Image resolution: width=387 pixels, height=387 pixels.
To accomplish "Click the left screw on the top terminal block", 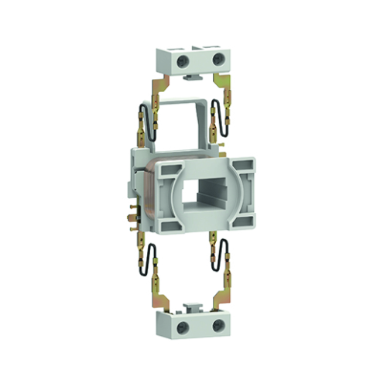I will point(183,59).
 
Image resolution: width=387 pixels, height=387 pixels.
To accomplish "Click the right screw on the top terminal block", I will point(216,59).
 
